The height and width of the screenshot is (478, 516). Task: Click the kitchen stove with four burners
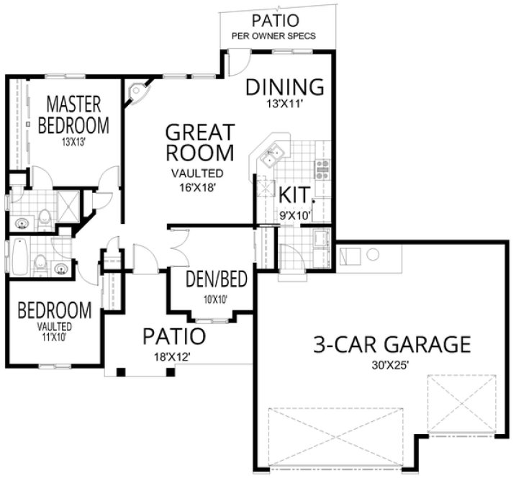click(322, 170)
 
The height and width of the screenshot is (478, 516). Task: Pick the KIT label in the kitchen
click(294, 195)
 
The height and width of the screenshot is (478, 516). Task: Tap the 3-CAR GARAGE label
click(391, 344)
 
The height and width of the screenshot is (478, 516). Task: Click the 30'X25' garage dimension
click(391, 365)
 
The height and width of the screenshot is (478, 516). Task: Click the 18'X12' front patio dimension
click(173, 356)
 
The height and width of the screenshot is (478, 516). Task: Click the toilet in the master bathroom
click(45, 215)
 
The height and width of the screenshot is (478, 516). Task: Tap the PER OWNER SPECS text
click(273, 35)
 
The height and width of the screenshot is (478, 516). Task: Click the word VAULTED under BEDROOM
click(54, 325)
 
